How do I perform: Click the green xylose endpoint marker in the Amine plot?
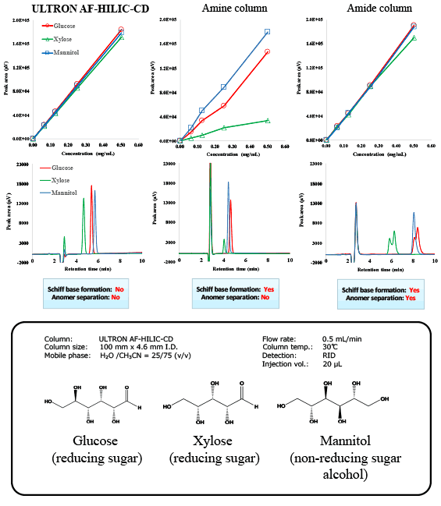268,120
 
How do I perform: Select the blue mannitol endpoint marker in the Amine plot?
268,32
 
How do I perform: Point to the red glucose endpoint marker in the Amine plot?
268,51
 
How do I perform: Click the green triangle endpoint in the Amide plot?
414,37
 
